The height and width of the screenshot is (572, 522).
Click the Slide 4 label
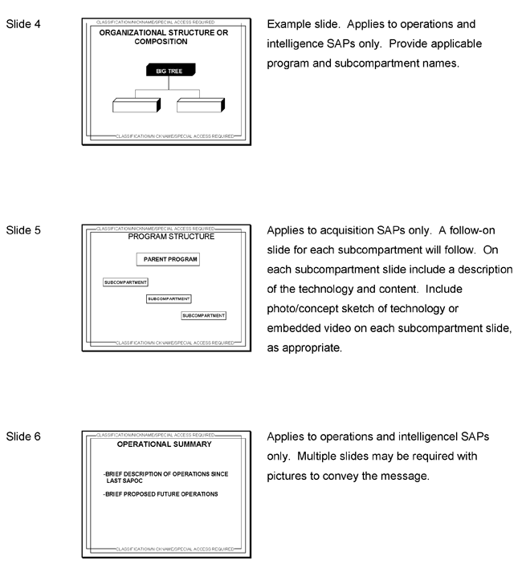click(x=23, y=23)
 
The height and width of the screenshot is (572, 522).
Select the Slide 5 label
click(x=23, y=230)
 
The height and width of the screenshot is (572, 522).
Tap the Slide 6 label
click(x=23, y=437)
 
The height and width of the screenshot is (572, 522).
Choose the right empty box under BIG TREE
click(x=200, y=105)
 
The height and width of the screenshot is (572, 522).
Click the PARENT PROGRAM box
click(x=166, y=260)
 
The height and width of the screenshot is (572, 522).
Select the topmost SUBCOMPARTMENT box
click(x=125, y=282)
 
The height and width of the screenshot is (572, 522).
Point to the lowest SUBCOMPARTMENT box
click(x=204, y=315)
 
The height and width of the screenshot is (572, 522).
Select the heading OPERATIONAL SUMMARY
click(x=164, y=444)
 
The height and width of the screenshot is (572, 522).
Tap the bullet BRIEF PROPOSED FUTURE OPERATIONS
click(x=161, y=494)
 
